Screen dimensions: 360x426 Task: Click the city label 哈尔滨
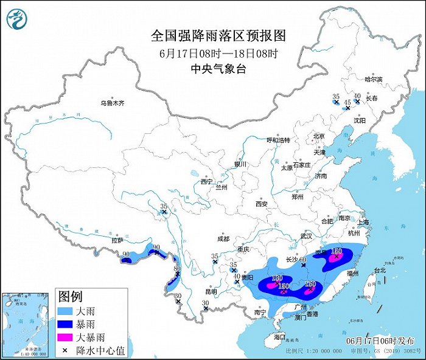coord(374,80)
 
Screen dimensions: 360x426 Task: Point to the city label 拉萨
coord(117,241)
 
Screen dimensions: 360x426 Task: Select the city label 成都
coord(223,239)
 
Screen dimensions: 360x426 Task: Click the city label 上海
coord(364,223)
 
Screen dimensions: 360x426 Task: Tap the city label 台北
coord(380,270)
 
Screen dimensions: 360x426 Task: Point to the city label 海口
coord(279,336)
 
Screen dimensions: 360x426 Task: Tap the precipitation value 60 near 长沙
coord(302,260)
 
